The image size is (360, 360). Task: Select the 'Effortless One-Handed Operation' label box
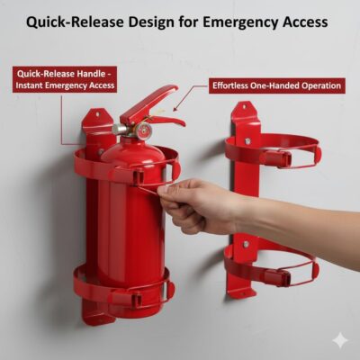tap(276, 85)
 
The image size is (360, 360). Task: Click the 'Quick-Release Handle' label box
tap(64, 78)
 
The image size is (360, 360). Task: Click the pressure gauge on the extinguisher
tap(141, 131)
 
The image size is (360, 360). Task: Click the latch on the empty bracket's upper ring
tap(277, 159)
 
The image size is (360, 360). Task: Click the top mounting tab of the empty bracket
tap(241, 112)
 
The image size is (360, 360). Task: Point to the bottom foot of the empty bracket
tap(239, 289)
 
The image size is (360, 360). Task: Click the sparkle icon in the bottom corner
tap(339, 340)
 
